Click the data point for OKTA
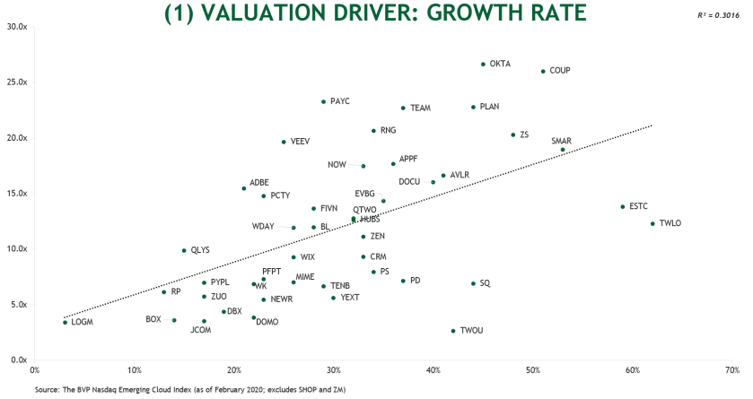483,65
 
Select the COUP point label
559,70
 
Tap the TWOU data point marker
453,331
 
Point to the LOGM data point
65,322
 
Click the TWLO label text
670,223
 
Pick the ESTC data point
622,207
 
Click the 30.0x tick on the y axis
17,26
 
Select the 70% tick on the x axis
731,369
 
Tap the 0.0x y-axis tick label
19,360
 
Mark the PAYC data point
323,102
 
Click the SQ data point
473,283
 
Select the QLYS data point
184,251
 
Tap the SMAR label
561,141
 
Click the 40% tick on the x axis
433,369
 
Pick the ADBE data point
243,188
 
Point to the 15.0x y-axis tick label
17,193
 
